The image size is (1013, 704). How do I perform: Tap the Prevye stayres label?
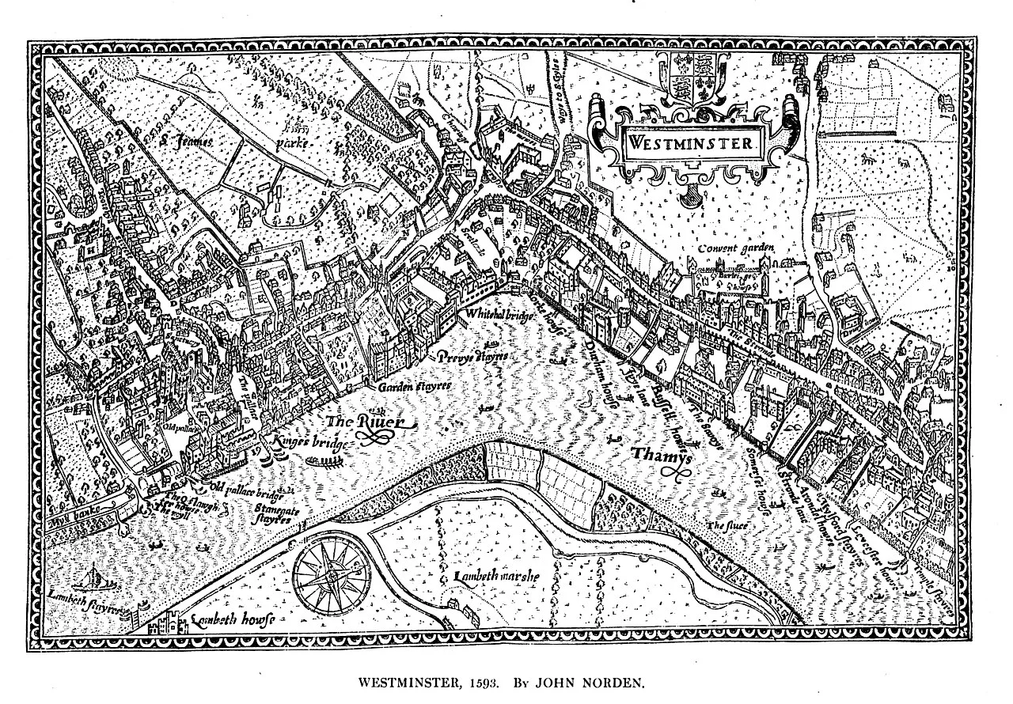(472, 357)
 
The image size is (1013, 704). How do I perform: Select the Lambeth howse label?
(230, 622)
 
